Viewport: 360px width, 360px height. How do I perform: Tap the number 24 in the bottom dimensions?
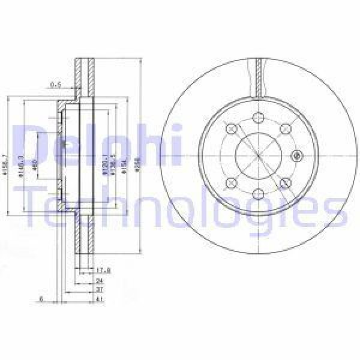coord(99,280)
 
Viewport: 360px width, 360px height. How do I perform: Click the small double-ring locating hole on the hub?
coord(295,156)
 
